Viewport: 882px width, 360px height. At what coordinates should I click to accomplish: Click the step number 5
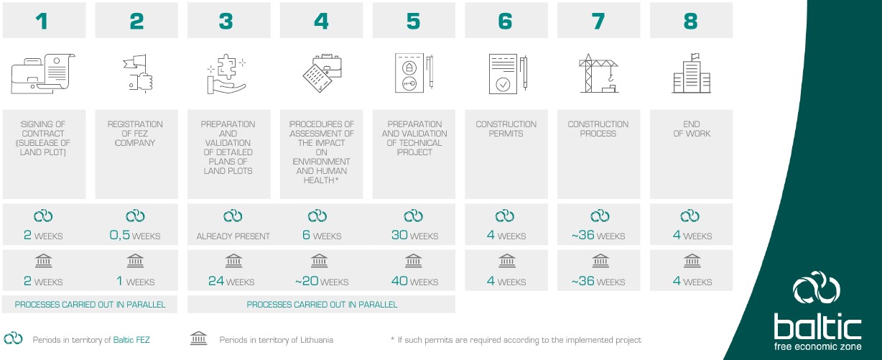[414, 22]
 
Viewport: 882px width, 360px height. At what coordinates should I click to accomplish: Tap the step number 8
[691, 22]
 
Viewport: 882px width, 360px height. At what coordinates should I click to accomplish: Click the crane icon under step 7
[598, 73]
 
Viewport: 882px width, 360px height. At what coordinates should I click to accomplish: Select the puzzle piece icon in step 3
[226, 74]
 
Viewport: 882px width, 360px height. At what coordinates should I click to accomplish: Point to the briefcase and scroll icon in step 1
[43, 74]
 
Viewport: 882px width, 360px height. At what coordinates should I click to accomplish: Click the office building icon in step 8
[691, 73]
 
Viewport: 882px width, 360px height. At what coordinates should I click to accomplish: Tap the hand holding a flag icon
[138, 73]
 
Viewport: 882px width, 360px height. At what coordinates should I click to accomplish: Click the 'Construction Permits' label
[506, 129]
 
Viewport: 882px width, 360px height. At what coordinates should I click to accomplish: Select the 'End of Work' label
[692, 129]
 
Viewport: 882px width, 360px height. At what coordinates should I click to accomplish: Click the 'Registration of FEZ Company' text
[135, 134]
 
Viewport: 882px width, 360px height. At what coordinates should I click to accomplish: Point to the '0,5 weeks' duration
[135, 235]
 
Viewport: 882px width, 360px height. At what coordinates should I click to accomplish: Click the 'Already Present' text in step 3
[233, 236]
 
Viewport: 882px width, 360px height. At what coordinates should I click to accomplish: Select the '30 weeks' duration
[414, 235]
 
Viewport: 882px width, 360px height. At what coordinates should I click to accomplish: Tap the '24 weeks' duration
[231, 281]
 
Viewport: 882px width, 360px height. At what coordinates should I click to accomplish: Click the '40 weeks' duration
[414, 281]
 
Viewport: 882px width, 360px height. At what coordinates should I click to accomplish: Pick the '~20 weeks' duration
[322, 281]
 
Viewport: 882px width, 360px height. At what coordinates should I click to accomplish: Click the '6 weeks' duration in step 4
[322, 235]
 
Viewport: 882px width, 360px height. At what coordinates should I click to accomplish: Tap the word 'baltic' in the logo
[817, 326]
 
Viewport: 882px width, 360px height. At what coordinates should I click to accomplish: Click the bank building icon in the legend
[198, 338]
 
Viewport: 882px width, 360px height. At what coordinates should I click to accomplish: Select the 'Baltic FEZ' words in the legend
[131, 340]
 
